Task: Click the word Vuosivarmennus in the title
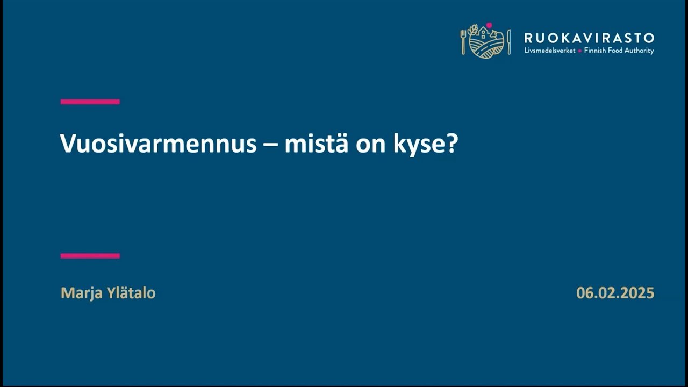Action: [158, 144]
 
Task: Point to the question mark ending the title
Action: [452, 144]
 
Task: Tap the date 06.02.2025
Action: [615, 293]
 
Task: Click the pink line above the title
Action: [90, 102]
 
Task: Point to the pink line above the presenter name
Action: [90, 256]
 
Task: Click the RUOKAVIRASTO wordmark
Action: [589, 38]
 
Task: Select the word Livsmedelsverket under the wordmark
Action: [549, 51]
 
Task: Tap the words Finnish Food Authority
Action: [619, 51]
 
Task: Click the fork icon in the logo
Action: [463, 41]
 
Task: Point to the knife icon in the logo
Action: [508, 41]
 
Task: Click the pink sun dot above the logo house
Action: [489, 25]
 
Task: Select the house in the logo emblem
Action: [483, 34]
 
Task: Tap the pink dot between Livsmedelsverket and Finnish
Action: [579, 51]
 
